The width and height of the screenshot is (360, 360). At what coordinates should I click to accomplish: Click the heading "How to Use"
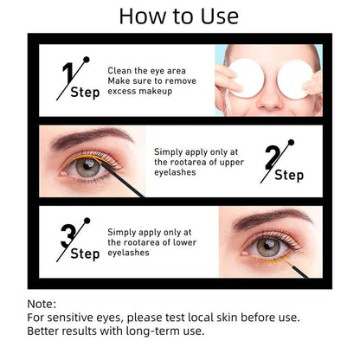(x=179, y=16)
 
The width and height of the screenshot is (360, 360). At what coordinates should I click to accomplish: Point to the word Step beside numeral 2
(x=289, y=176)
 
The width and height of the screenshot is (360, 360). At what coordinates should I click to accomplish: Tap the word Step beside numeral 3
(x=85, y=254)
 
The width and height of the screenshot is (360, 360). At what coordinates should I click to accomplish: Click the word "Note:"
(x=42, y=304)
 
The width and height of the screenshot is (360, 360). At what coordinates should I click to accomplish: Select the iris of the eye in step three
(x=268, y=246)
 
